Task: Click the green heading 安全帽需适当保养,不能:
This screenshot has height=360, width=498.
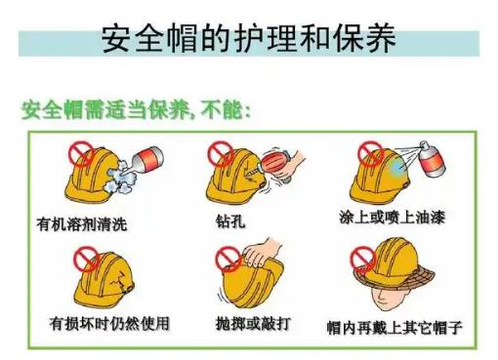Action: (x=136, y=109)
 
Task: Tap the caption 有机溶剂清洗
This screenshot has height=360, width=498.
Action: (x=81, y=224)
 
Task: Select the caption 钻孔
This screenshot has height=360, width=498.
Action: (x=230, y=221)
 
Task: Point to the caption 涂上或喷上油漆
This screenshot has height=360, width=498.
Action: (x=392, y=218)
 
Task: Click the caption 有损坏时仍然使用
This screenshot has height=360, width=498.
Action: (x=109, y=323)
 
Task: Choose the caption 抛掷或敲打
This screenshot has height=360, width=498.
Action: (x=253, y=323)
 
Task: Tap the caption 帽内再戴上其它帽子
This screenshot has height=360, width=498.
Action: (x=394, y=327)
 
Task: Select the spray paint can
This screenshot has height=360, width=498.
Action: (x=431, y=159)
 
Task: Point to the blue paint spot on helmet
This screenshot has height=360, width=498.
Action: (x=397, y=167)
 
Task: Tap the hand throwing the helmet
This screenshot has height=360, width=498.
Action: (x=261, y=253)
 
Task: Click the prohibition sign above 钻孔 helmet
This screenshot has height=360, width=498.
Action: (x=221, y=154)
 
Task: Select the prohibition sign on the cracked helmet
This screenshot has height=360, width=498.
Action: (x=86, y=260)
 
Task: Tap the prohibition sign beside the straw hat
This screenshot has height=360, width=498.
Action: (x=363, y=260)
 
